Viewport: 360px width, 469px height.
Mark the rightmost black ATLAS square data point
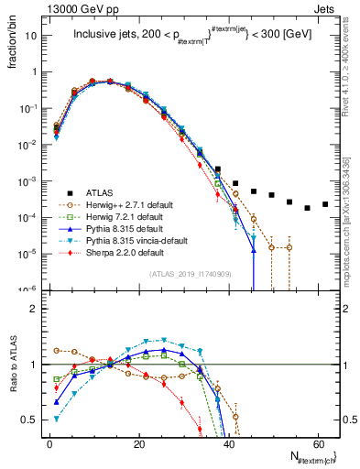coord(325,204)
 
